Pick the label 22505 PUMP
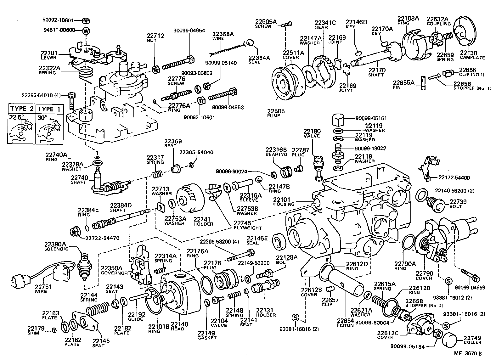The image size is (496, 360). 276,113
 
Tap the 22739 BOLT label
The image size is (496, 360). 458,204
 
